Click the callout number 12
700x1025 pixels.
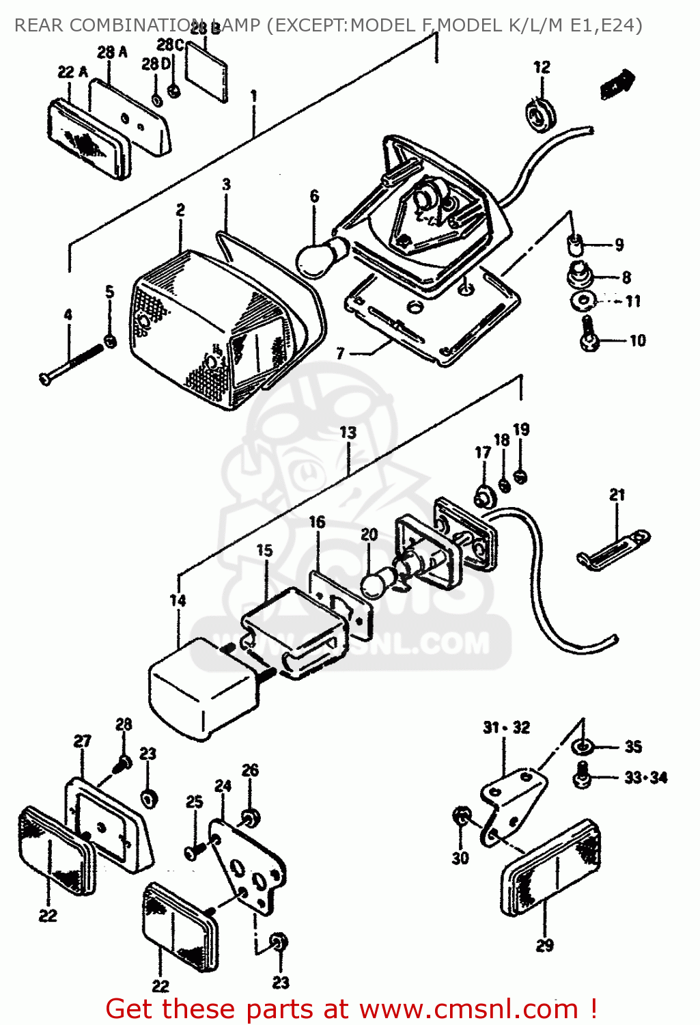pyautogui.click(x=542, y=67)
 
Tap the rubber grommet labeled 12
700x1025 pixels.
pyautogui.click(x=541, y=115)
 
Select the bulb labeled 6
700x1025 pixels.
pyautogui.click(x=318, y=257)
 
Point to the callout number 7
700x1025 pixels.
pyautogui.click(x=340, y=353)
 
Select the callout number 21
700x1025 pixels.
pyautogui.click(x=617, y=494)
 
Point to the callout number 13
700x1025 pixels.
pyautogui.click(x=348, y=433)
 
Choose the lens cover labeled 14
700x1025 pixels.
pyautogui.click(x=201, y=687)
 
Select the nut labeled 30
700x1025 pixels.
pyautogui.click(x=461, y=815)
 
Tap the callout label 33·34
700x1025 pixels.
pyautogui.click(x=645, y=778)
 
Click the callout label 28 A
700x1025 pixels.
pyautogui.click(x=112, y=52)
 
